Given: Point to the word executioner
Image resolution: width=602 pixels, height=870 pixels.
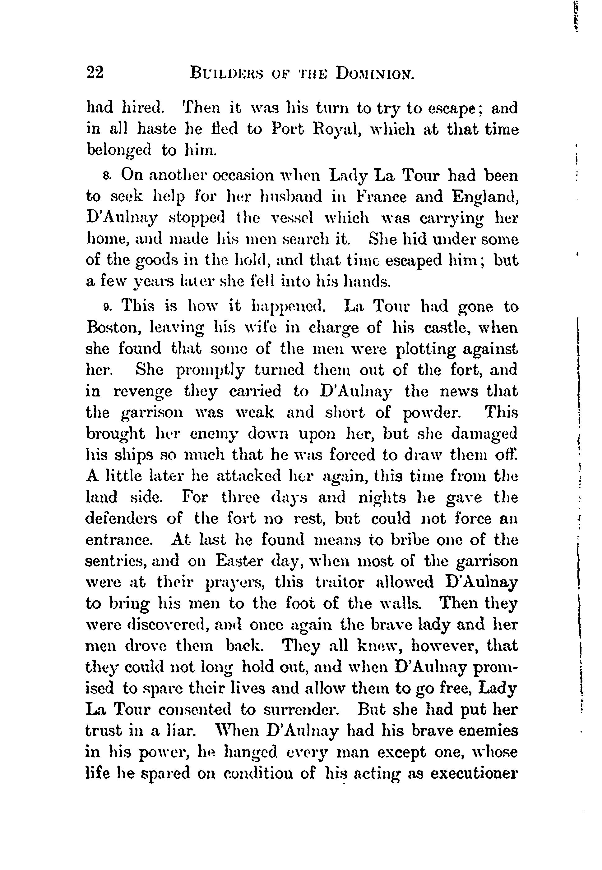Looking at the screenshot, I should pyautogui.click(x=474, y=773).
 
